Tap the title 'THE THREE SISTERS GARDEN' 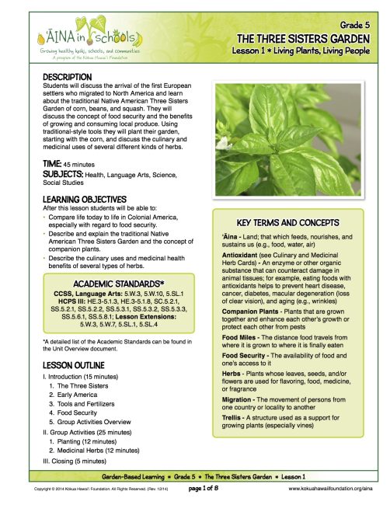point(303,39)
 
